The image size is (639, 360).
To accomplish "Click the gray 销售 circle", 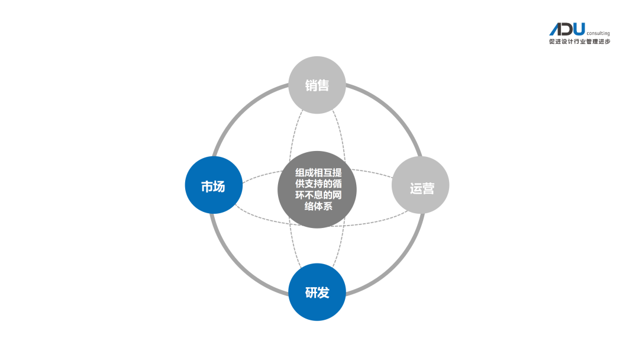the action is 317,85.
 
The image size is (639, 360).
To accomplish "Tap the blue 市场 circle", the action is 213,185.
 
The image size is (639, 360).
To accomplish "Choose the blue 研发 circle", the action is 317,292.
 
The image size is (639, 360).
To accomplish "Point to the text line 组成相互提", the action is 318,172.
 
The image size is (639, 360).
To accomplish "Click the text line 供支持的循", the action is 318,184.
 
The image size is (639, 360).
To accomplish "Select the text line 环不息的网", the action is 318,195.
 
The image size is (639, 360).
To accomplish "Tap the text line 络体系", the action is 318,207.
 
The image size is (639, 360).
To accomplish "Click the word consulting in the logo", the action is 598,34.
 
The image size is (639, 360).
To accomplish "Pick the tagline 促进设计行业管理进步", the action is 579,42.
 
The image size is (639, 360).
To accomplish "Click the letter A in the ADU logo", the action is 556,30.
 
